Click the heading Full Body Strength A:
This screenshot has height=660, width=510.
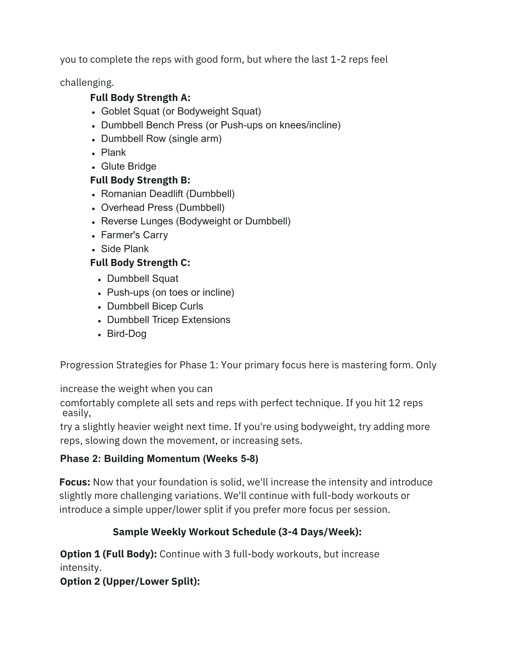coord(140,98)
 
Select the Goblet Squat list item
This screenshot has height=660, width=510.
coord(181,111)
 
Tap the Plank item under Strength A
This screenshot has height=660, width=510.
coord(113,152)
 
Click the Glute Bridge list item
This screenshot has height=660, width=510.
coord(128,166)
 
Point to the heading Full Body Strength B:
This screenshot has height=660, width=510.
coord(140,180)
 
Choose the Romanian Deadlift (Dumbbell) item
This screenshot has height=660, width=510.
coord(168,194)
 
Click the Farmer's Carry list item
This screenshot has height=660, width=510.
coord(134,235)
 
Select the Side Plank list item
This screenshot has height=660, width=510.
coord(125,249)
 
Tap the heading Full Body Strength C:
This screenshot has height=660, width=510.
coord(140,263)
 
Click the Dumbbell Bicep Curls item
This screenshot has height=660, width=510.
coord(155,306)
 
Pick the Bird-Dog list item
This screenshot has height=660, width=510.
coord(126,334)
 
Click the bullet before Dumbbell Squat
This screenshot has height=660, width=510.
coord(100,280)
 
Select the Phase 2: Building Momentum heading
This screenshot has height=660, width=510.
coord(159,459)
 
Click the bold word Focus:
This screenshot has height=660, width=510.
coord(75,482)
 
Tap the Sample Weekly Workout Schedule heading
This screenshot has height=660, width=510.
coord(237,532)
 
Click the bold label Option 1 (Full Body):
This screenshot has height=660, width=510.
coord(109,554)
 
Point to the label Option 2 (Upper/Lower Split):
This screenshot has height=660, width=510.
coord(130,581)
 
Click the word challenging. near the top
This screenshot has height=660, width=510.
coord(87,82)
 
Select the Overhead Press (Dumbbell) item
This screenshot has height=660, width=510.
coord(163,208)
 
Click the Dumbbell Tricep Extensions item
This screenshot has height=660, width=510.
coord(168,320)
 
